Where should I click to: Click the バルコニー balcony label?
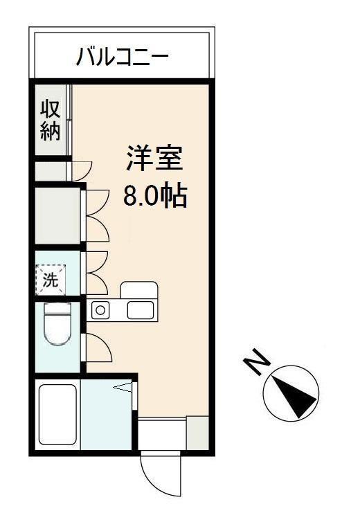pyautogui.click(x=122, y=55)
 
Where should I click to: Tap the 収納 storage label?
pyautogui.click(x=50, y=120)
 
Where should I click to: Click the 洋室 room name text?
pyautogui.click(x=154, y=159)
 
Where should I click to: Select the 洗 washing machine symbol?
pyautogui.click(x=51, y=280)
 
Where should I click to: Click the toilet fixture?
pyautogui.click(x=57, y=325)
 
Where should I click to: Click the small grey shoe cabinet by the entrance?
pyautogui.click(x=197, y=432)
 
